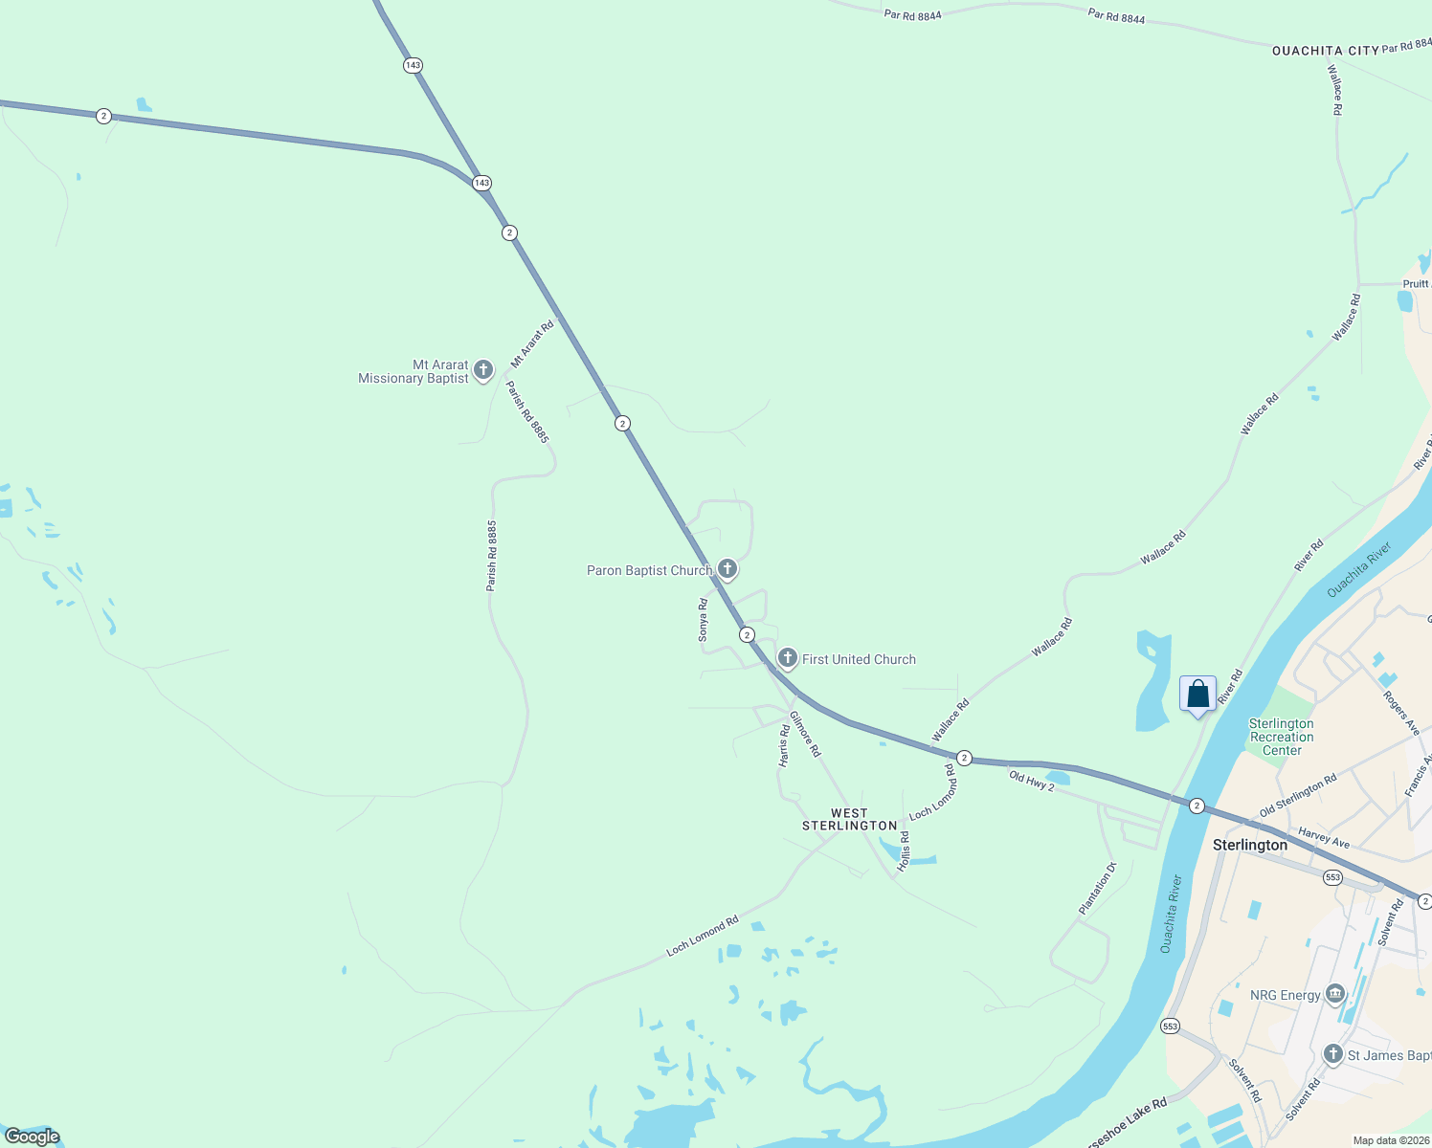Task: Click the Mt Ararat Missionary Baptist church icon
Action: coord(483,370)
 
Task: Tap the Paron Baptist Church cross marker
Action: coord(727,570)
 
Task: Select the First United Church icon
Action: coord(788,658)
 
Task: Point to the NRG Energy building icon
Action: coord(1334,995)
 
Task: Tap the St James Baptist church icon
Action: coord(1333,1054)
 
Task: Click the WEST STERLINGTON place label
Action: coord(849,820)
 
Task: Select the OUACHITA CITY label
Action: coord(1325,51)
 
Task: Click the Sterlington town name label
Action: coord(1250,845)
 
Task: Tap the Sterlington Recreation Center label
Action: coord(1282,737)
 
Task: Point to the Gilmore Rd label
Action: coord(805,734)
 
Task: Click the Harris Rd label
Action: coord(784,745)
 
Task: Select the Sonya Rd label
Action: coord(703,620)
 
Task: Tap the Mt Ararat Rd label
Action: coord(532,344)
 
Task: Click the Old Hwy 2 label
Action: coord(1031,781)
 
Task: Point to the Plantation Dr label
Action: coord(1097,889)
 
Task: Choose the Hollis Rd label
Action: coord(904,850)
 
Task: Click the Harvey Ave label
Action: coord(1324,838)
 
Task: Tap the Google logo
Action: coord(32,1137)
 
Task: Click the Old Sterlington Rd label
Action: coord(1298,796)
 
